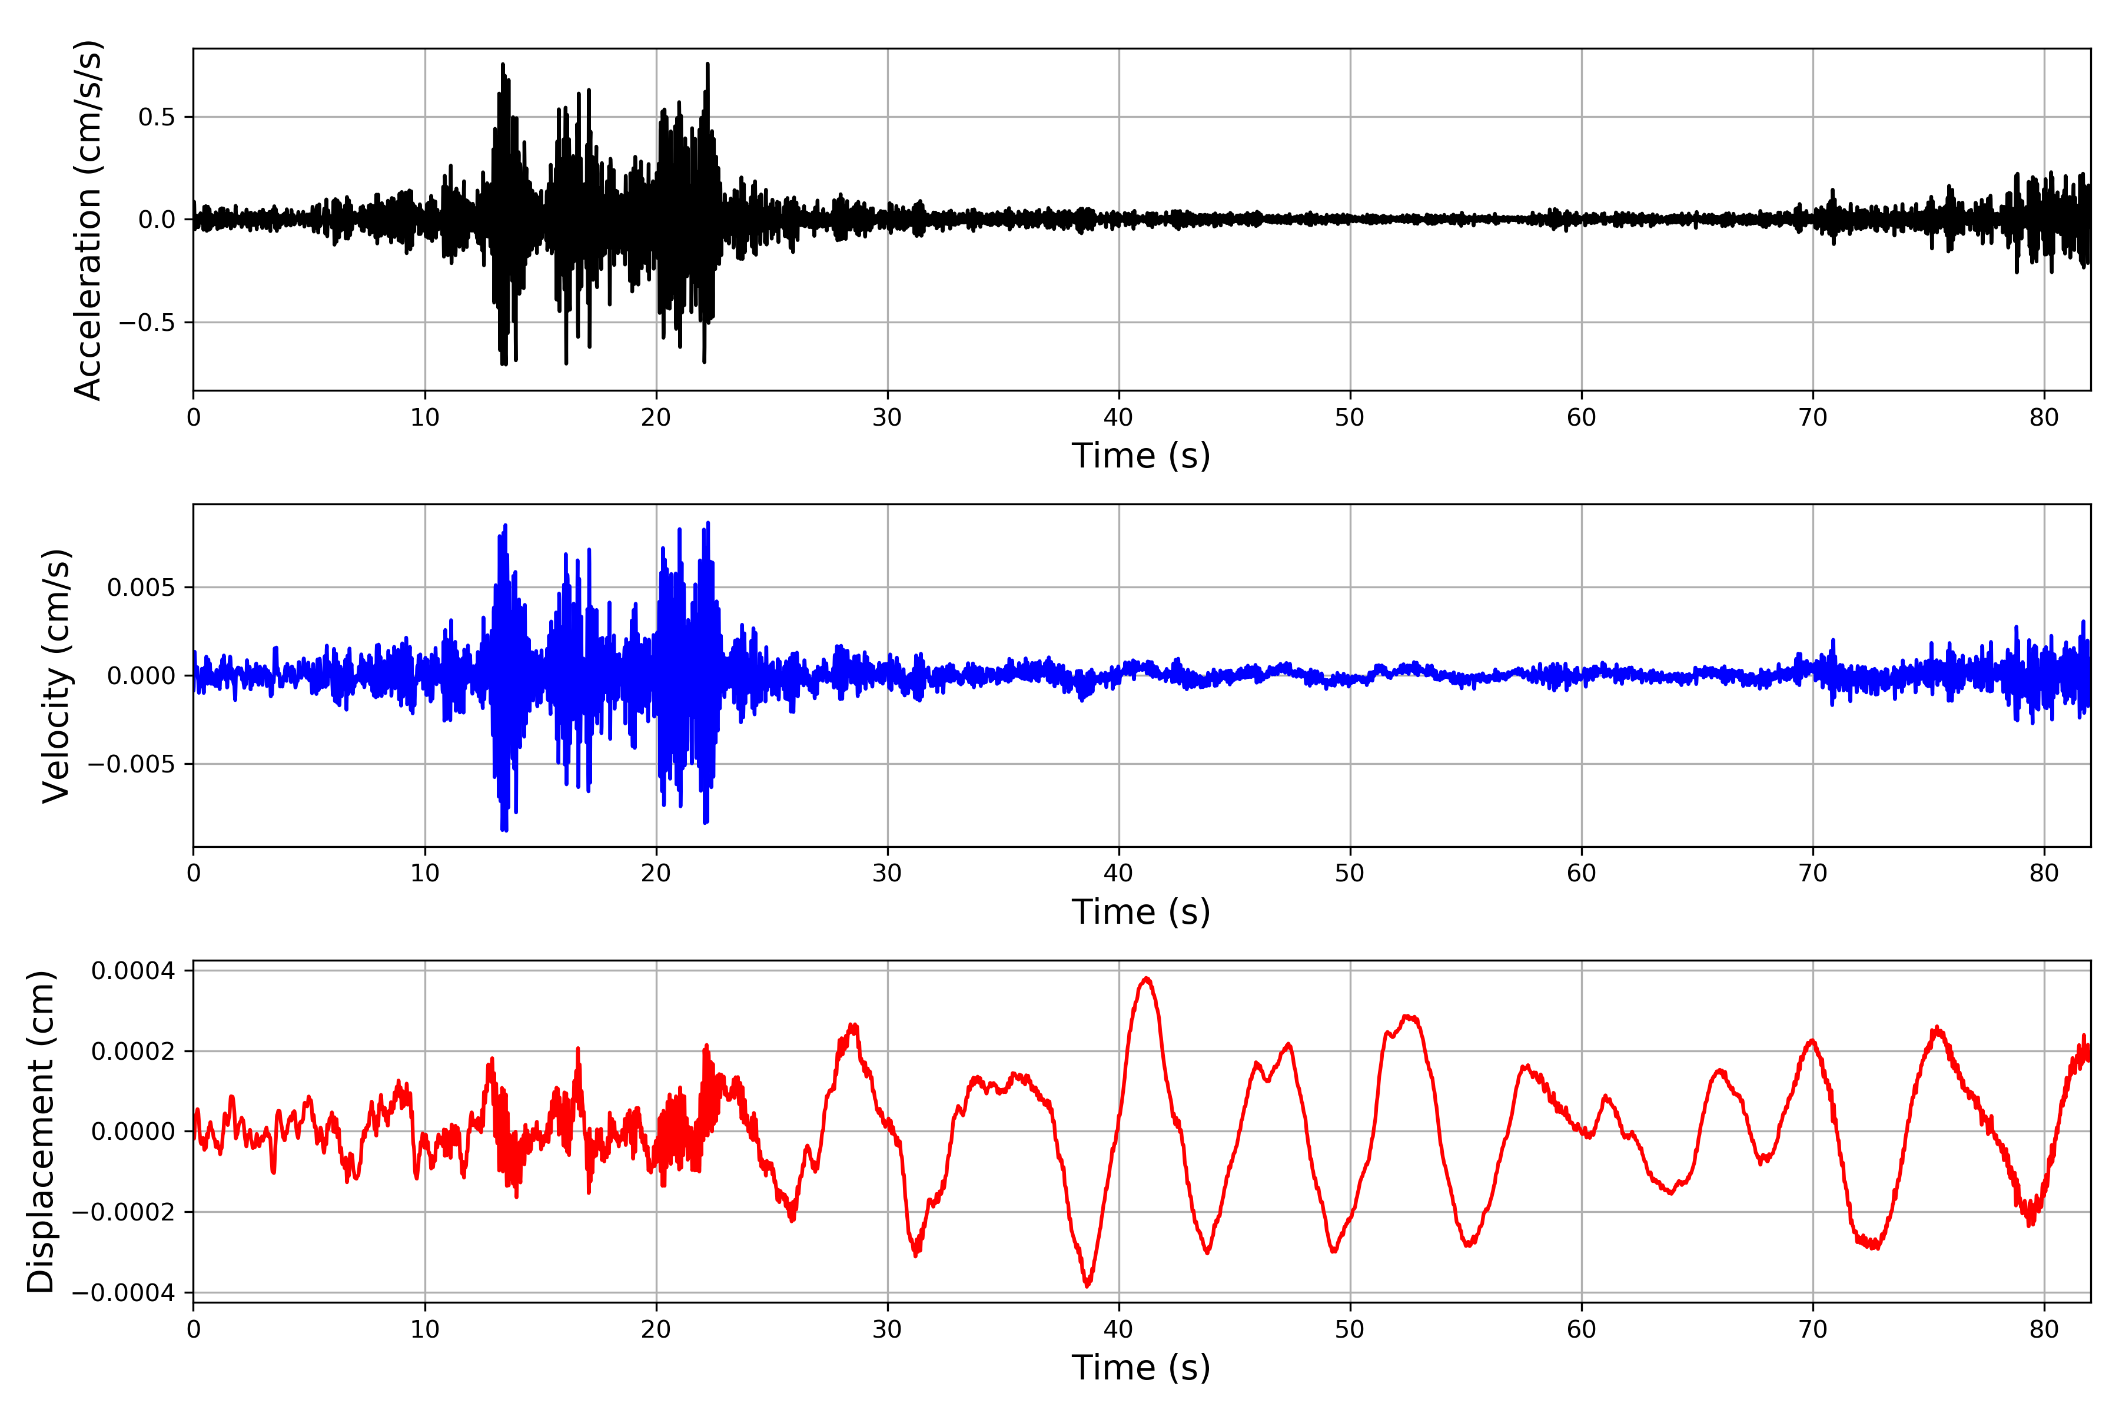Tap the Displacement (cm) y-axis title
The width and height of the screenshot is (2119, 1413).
[x=41, y=1131]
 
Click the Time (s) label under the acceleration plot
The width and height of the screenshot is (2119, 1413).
[x=1141, y=456]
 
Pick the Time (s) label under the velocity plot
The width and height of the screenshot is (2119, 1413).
[x=1141, y=912]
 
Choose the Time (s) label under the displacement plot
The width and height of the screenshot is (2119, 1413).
[x=1141, y=1368]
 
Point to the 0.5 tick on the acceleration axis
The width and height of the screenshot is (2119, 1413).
[x=156, y=117]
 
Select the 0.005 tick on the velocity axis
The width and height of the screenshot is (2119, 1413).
[x=141, y=588]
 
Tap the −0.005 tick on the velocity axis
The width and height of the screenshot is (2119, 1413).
[x=131, y=764]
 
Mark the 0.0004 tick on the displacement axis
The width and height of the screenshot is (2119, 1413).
[x=134, y=970]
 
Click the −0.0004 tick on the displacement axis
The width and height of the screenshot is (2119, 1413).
[x=124, y=1292]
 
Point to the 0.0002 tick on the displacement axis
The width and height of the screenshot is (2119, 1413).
[x=134, y=1052]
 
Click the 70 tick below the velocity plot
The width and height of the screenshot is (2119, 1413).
[x=1813, y=873]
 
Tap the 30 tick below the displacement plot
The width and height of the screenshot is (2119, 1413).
[x=888, y=1329]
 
